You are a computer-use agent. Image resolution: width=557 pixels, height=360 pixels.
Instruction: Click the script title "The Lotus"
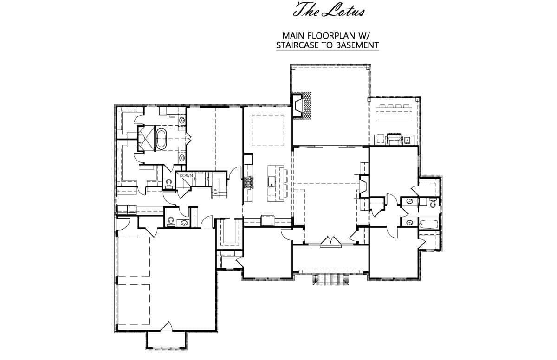point(328,11)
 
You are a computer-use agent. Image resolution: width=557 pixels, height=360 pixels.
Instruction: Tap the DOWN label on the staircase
point(186,176)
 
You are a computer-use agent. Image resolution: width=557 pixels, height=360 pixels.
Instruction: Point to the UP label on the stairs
point(216,191)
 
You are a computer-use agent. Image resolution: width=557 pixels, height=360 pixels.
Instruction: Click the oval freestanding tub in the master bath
point(162,139)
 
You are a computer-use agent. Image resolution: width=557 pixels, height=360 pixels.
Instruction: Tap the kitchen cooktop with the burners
point(249,183)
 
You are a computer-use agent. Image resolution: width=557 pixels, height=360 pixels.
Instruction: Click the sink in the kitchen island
point(270,182)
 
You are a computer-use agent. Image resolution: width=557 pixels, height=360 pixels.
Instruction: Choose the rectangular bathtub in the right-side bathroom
point(428,225)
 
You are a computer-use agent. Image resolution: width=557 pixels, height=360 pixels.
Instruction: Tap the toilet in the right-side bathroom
point(432,202)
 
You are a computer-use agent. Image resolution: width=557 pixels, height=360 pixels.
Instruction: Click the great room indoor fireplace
point(362,186)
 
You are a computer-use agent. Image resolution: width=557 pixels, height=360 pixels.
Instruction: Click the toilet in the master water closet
point(169,184)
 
